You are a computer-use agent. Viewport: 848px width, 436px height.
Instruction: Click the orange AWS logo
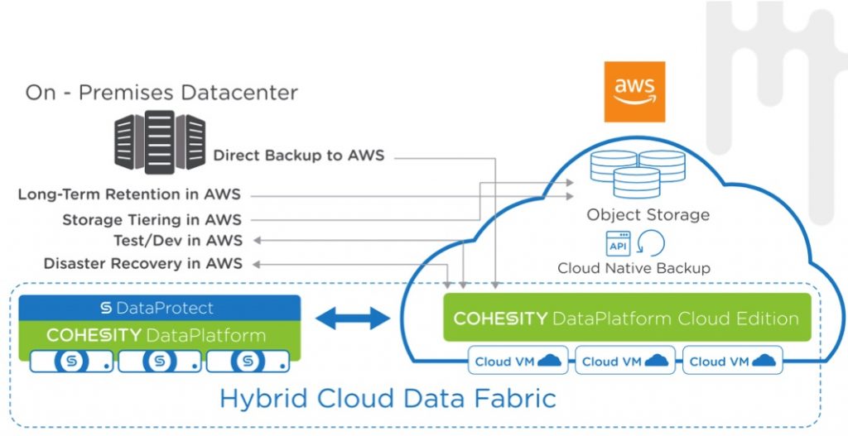(x=634, y=91)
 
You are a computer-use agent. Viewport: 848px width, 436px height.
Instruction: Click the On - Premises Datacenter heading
(x=161, y=92)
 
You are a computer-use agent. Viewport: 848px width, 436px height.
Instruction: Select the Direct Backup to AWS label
(x=299, y=155)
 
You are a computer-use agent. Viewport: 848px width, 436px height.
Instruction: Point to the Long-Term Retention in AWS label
(x=130, y=195)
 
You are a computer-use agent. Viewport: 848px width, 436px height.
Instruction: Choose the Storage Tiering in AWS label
(x=152, y=220)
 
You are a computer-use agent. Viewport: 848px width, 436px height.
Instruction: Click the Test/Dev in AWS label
(x=178, y=241)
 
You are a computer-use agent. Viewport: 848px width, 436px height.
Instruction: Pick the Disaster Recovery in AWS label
(x=143, y=264)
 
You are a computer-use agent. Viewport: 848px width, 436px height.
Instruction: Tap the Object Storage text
(x=648, y=215)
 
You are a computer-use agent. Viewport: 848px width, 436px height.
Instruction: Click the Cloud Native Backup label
(x=634, y=268)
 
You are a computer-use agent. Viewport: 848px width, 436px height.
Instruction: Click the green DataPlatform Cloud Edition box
(x=626, y=318)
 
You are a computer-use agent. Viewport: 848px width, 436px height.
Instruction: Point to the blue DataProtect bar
(x=160, y=308)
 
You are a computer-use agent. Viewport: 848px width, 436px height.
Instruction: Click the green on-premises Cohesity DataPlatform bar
(x=160, y=334)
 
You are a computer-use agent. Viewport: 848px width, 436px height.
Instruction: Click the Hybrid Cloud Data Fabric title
(x=388, y=398)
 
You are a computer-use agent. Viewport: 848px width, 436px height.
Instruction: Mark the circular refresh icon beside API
(x=653, y=244)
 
